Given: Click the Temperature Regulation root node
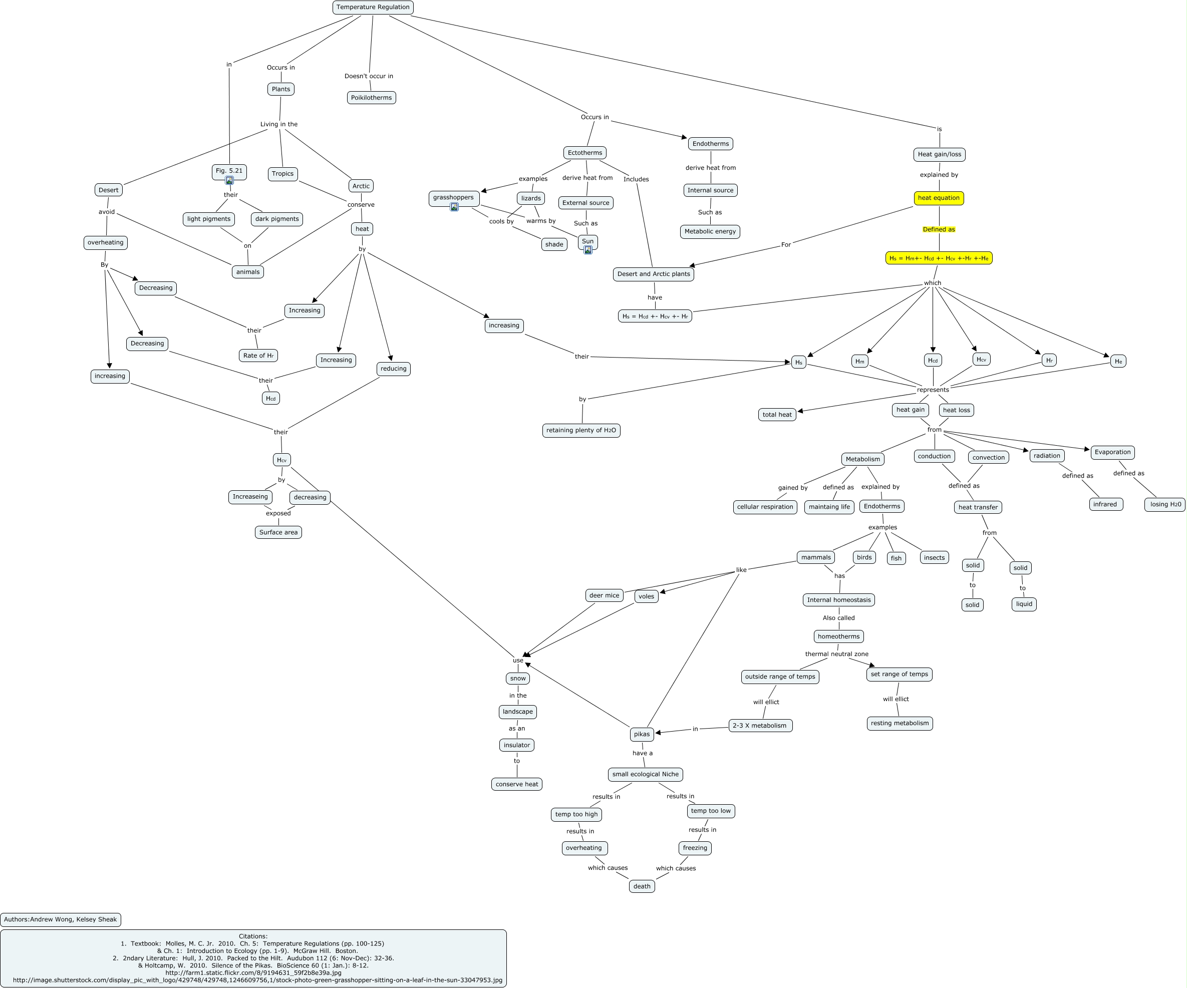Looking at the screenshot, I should pos(373,8).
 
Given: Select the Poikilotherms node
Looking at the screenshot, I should pos(371,98).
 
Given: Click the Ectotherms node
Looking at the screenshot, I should pos(584,153).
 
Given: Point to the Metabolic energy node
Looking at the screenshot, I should pos(710,231).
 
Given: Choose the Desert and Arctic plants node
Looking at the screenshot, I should pos(654,274).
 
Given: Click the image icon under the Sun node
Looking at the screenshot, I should pos(588,250).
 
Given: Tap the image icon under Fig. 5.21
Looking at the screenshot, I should pos(229,180).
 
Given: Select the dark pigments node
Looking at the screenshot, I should pos(276,219).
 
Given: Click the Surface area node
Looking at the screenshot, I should pos(278,532).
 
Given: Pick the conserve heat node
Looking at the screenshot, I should pos(517,784).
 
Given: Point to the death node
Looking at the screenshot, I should pos(642,886).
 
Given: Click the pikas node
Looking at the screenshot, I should pos(642,734).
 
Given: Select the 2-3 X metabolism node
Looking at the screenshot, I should pos(760,726).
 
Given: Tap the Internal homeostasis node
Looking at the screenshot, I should pos(838,600).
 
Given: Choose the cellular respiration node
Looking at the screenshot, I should pos(765,507).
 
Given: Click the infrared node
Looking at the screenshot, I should pos(1105,504).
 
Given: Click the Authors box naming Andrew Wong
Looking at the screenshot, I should pos(61,919).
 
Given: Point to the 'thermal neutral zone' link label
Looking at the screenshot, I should pos(836,654).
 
